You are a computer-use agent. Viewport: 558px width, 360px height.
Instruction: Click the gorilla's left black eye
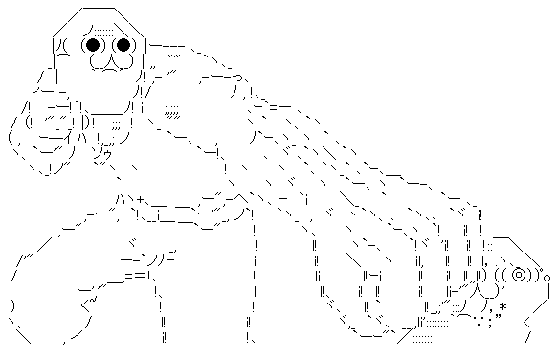(x=93, y=44)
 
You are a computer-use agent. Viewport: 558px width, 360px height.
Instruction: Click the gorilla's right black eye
(x=123, y=44)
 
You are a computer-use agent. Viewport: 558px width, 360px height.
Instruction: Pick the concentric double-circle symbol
(x=520, y=275)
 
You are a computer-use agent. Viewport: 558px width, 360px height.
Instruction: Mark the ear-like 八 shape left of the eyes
(x=59, y=44)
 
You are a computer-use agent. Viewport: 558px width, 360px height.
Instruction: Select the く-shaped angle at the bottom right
(x=529, y=333)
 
